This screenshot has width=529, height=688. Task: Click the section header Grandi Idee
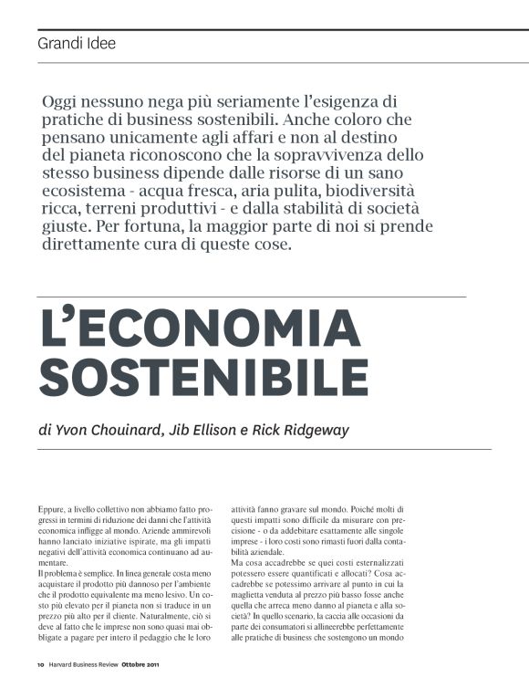coord(77,43)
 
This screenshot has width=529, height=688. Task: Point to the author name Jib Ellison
coord(197,430)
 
